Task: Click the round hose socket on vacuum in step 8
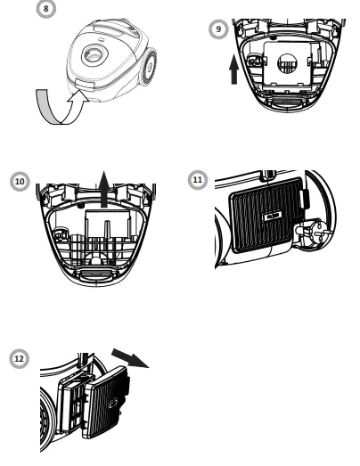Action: pyautogui.click(x=92, y=56)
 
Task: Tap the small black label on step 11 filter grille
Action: pyautogui.click(x=270, y=216)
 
